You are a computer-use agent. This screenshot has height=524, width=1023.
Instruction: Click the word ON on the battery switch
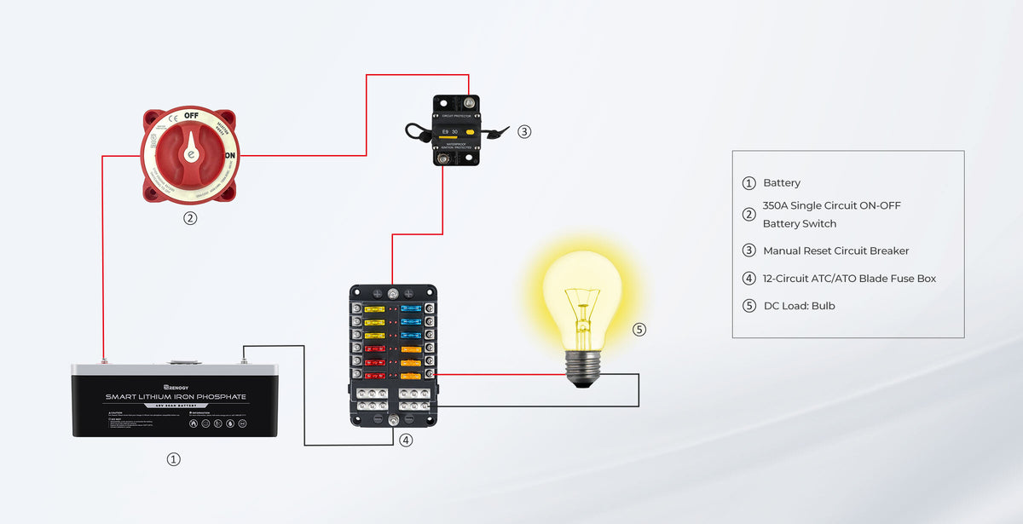[x=229, y=156]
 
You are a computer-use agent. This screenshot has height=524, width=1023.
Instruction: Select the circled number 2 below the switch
[x=190, y=218]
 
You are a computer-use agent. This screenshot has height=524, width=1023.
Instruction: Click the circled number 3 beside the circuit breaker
[x=524, y=131]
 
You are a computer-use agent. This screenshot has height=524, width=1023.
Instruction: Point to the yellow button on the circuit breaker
[x=470, y=132]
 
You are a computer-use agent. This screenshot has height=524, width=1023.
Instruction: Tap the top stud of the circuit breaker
[x=443, y=103]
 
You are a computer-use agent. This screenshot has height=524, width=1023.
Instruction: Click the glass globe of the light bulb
[x=583, y=294]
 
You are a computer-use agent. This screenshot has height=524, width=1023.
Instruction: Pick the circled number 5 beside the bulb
[x=640, y=330]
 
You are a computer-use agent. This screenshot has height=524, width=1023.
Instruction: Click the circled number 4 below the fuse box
[x=406, y=441]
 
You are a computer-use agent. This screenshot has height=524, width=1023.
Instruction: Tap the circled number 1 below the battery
[x=173, y=459]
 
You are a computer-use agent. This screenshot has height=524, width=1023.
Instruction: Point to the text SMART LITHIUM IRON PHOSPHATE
[x=176, y=397]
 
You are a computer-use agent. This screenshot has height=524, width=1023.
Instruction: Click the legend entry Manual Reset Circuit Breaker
[x=835, y=250]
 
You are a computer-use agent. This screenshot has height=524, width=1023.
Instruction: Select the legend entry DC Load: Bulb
[x=799, y=305]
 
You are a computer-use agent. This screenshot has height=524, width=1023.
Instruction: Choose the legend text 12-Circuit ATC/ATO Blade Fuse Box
[x=849, y=278]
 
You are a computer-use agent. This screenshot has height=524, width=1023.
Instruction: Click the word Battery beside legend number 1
[x=782, y=182]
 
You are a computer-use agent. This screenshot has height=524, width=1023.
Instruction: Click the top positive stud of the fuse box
[x=393, y=294]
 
